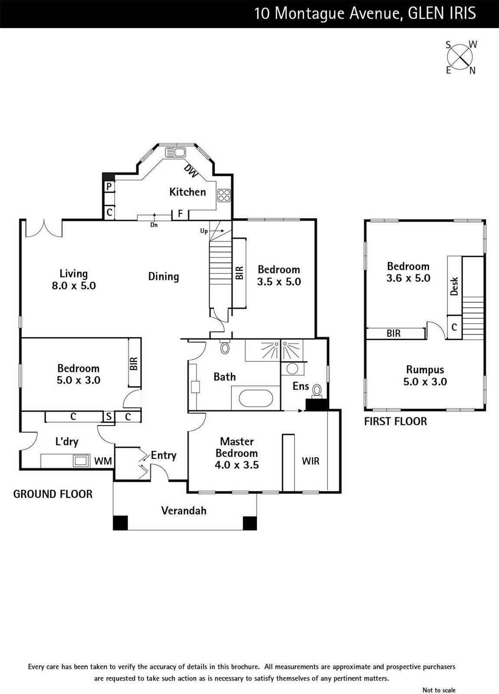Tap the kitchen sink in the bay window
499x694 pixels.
pos(175,152)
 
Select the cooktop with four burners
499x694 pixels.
pos(224,195)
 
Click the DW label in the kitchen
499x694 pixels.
pos(190,171)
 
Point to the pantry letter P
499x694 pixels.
pos(109,187)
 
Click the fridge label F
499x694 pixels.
pos(181,213)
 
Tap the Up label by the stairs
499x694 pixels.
pos(204,231)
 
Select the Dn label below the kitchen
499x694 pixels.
pos(154,225)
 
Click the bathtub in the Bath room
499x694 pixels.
pos(256,399)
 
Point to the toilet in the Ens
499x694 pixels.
pos(317,391)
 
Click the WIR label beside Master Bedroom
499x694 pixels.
pos(311,461)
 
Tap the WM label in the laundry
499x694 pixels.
pos(103,461)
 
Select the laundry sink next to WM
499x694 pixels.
pos(81,461)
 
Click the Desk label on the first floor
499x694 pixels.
pos(454,286)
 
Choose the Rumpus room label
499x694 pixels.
pos(425,370)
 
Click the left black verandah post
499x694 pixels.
pos(120,523)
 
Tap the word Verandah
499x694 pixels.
pos(184,511)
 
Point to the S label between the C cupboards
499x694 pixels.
pos(109,416)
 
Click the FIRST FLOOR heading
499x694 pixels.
pos(395,421)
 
